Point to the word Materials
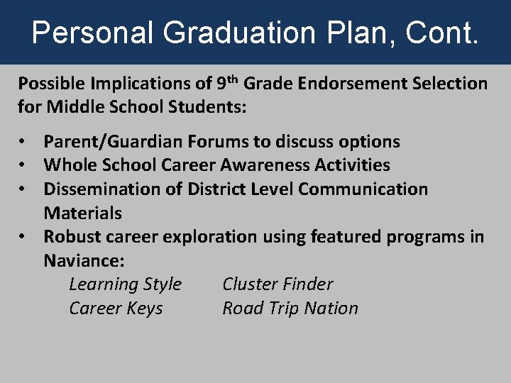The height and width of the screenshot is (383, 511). pyautogui.click(x=82, y=213)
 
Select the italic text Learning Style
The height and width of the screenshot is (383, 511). pyautogui.click(x=125, y=284)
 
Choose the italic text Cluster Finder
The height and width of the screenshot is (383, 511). pyautogui.click(x=278, y=284)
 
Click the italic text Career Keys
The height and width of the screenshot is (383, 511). pyautogui.click(x=116, y=309)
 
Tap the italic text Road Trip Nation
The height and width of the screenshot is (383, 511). pyautogui.click(x=290, y=309)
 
